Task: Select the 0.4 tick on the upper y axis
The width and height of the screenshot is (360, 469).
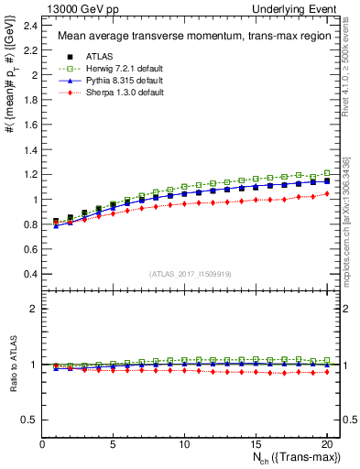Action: click(x=33, y=274)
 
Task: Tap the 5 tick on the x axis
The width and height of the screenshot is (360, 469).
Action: click(x=113, y=444)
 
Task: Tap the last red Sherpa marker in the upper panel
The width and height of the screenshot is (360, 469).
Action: click(x=325, y=193)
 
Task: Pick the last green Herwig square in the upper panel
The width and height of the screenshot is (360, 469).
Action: click(x=325, y=173)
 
